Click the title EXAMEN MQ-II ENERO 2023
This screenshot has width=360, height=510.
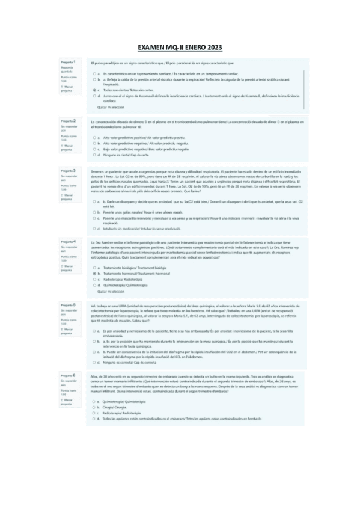(x=180, y=46)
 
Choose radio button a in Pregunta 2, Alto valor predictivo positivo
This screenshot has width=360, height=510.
(x=95, y=138)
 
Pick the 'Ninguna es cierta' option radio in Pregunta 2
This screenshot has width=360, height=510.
(x=95, y=155)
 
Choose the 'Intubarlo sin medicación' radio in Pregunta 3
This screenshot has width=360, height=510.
(x=95, y=229)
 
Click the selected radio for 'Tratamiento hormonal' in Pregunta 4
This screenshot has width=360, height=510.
(x=95, y=273)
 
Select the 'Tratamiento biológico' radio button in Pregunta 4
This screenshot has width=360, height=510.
(x=95, y=267)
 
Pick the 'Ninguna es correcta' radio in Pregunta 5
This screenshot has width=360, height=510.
(x=95, y=363)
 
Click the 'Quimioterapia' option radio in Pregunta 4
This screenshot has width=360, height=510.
(x=95, y=284)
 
